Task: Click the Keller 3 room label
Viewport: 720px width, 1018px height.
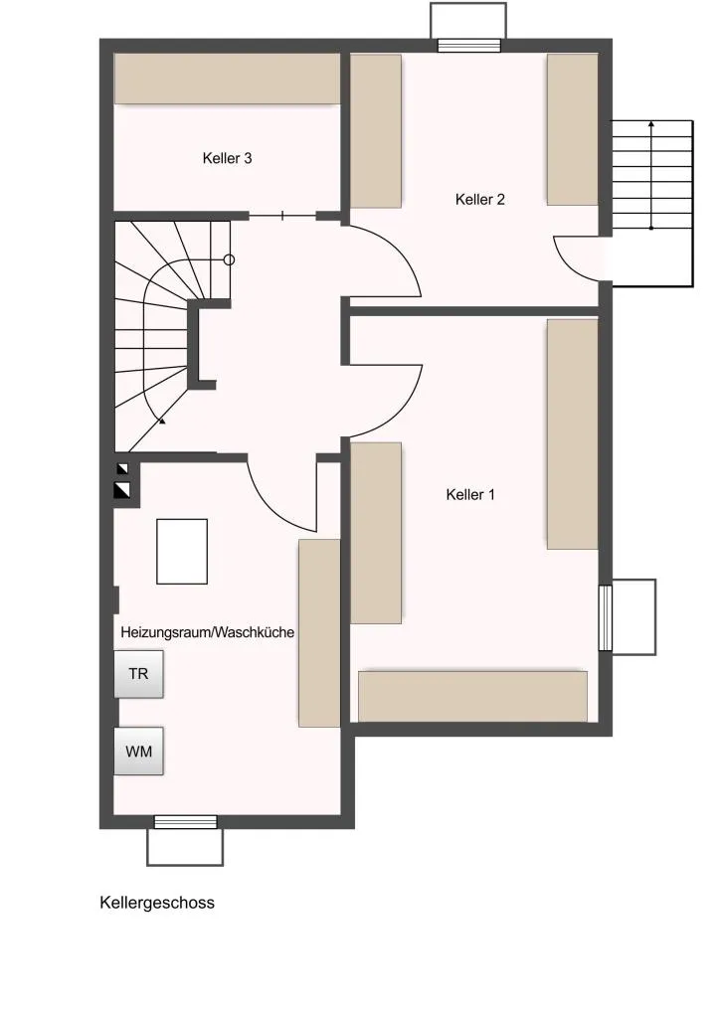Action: [x=227, y=158]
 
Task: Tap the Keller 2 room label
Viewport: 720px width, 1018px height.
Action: [x=479, y=199]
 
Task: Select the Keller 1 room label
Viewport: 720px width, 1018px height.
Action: [x=470, y=495]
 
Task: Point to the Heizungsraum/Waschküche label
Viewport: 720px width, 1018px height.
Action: [x=207, y=632]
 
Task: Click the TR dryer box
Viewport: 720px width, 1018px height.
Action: [x=138, y=674]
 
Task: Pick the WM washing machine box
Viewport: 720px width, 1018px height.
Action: [x=138, y=752]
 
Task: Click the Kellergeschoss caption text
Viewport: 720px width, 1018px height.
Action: [x=157, y=903]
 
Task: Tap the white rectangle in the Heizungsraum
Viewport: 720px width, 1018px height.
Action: [x=182, y=551]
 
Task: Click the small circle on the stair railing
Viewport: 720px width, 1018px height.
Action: [x=229, y=259]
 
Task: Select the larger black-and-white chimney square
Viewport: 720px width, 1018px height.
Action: [x=122, y=490]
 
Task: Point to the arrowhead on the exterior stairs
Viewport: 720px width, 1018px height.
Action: [x=651, y=122]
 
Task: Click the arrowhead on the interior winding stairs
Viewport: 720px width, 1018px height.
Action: [x=162, y=422]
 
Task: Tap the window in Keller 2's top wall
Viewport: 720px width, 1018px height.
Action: [x=468, y=46]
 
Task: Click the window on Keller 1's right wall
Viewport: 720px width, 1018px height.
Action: [x=605, y=617]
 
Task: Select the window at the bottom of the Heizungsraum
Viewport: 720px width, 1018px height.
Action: [x=185, y=822]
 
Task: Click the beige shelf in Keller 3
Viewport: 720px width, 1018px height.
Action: [x=227, y=78]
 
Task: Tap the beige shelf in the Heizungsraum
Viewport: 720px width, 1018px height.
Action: [x=319, y=633]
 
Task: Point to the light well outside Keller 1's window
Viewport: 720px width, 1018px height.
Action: [x=633, y=616]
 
